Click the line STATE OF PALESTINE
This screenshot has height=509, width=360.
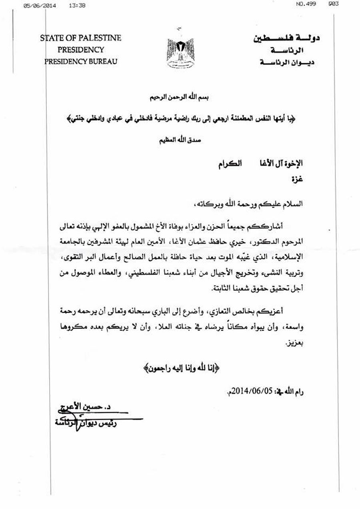pos(80,38)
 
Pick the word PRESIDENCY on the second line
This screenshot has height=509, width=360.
pos(80,50)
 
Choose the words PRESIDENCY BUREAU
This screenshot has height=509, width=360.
pos(81,62)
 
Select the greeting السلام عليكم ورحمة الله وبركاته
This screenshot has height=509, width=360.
pos(258,204)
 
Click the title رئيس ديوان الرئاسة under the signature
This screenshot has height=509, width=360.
pos(84,423)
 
